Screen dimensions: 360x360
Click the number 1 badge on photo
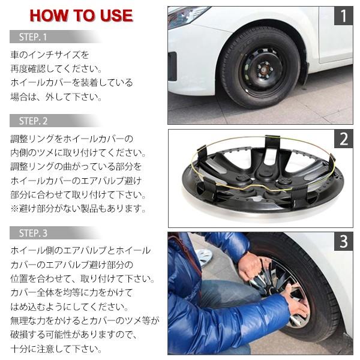(343, 16)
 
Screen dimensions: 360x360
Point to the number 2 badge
(343, 139)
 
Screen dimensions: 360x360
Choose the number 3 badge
(343, 242)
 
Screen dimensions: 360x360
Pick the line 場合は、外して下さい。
(56, 96)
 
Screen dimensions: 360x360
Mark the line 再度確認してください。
(56, 68)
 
